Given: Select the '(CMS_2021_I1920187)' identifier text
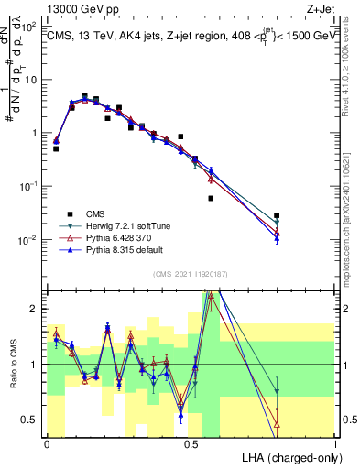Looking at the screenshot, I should pos(191,274).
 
